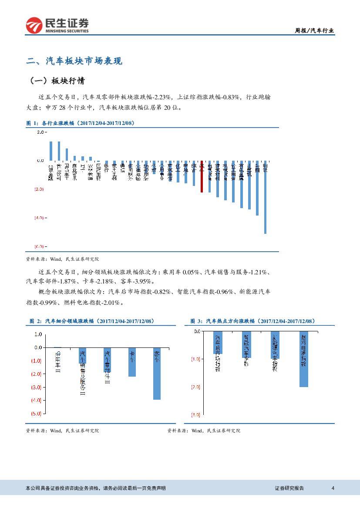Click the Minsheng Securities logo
pyautogui.click(x=57, y=25)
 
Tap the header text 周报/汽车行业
pyautogui.click(x=315, y=30)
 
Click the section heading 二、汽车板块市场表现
pyautogui.click(x=74, y=61)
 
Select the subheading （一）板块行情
pyautogui.click(x=57, y=81)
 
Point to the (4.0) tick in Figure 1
pyautogui.click(x=39, y=217)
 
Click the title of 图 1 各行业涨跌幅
pyautogui.click(x=81, y=123)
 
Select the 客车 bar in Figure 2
pyautogui.click(x=157, y=374)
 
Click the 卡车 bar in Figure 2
pyautogui.click(x=132, y=362)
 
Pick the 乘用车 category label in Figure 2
pyautogui.click(x=57, y=361)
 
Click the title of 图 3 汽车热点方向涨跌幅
pyautogui.click(x=252, y=321)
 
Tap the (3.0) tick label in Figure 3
pyautogui.click(x=195, y=415)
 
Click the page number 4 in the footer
pyautogui.click(x=333, y=488)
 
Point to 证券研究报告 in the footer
pyautogui.click(x=289, y=488)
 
